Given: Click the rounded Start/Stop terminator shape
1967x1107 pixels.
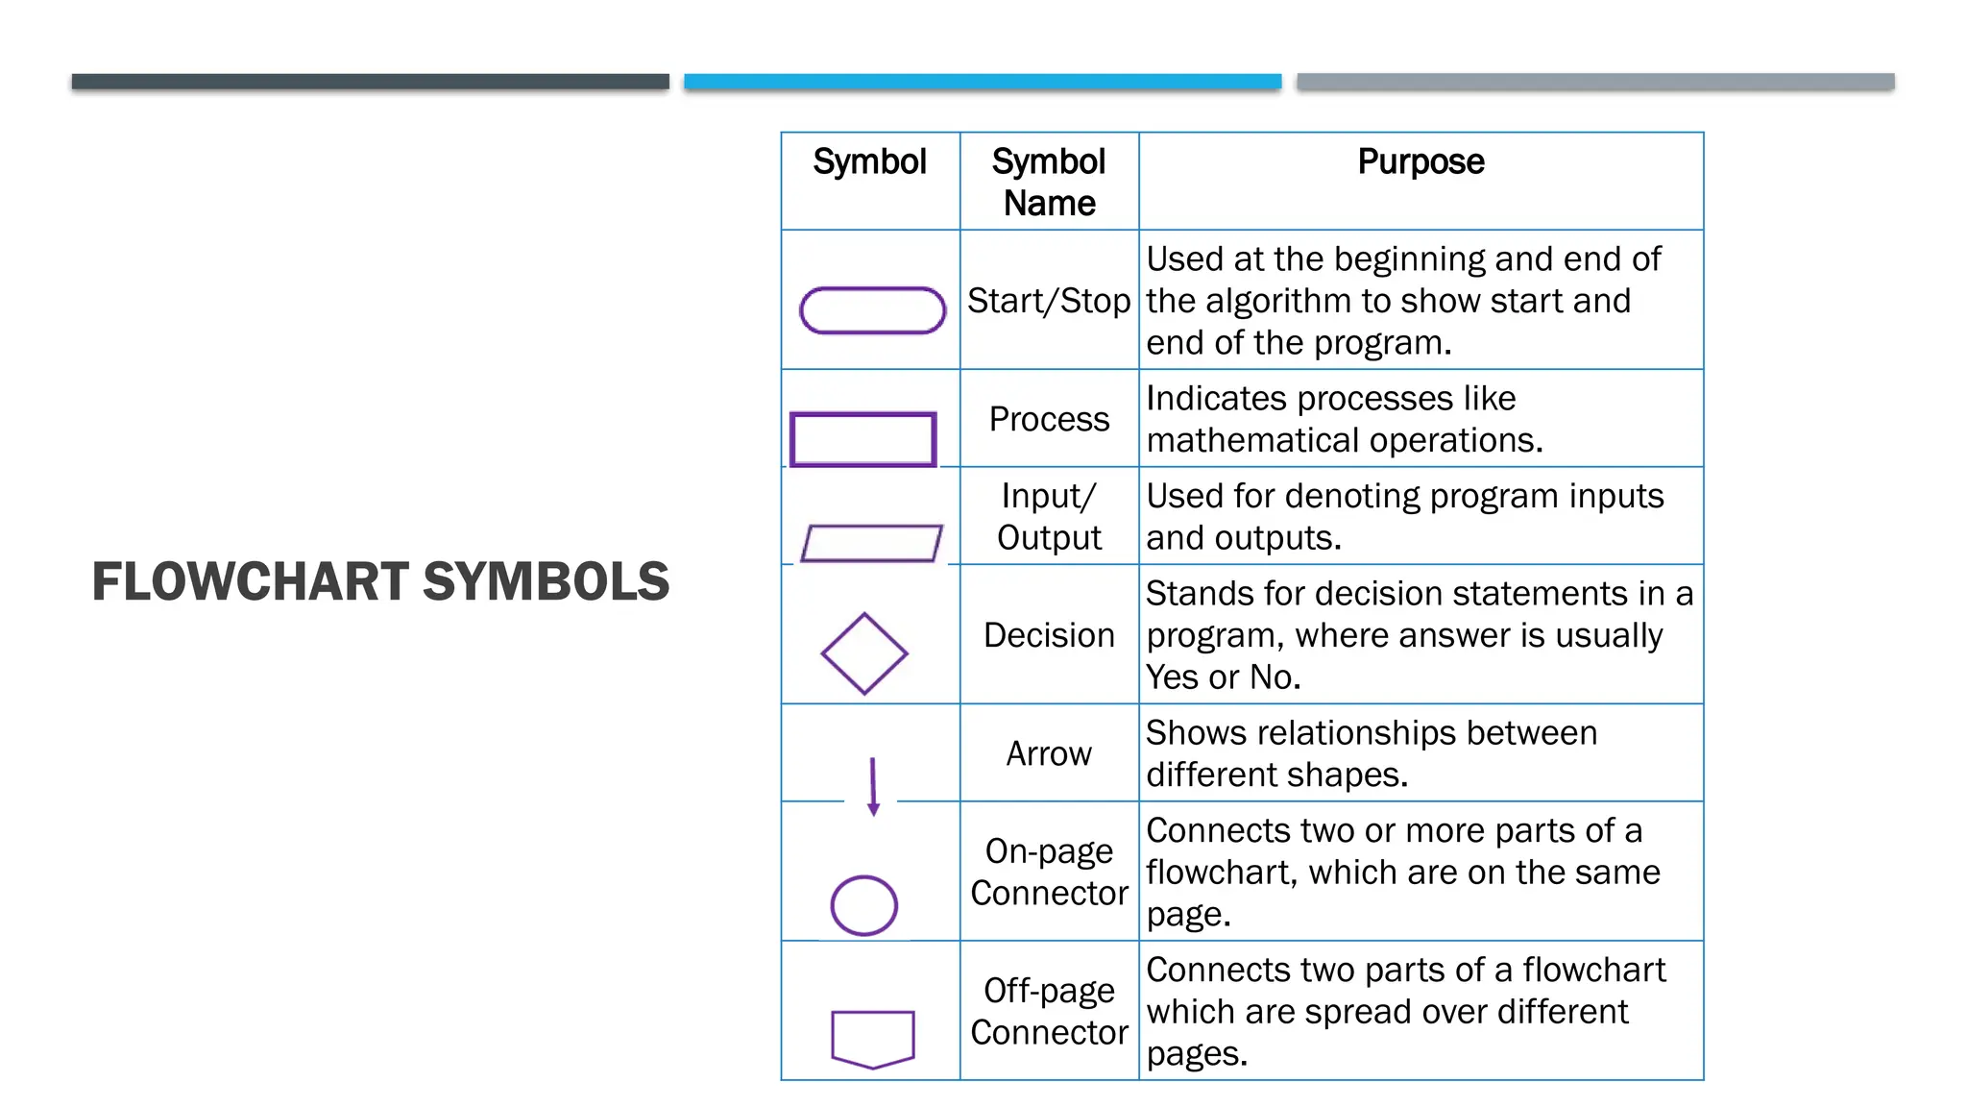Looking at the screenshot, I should point(872,310).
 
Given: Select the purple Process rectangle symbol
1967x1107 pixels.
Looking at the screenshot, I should point(862,440).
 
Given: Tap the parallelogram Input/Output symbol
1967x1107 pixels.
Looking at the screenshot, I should point(871,543).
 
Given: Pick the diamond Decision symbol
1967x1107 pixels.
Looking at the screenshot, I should point(863,653).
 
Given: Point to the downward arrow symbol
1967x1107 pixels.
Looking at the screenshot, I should point(873,786).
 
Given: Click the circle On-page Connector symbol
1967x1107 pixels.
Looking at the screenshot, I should point(863,905).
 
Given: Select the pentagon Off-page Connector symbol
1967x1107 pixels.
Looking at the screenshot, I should point(872,1038).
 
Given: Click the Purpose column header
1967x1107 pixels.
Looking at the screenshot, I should point(1421,161).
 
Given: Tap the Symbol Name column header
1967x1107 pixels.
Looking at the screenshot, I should point(1049,182).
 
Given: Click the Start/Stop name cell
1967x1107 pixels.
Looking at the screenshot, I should point(1049,301).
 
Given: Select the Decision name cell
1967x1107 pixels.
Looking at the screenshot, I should point(1049,635).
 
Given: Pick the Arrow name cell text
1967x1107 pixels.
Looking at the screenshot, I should point(1049,753).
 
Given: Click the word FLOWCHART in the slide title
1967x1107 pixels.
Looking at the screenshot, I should point(250,581).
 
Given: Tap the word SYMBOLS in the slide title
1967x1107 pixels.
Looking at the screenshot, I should point(546,581).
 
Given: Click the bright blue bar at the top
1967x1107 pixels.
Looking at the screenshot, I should point(982,82).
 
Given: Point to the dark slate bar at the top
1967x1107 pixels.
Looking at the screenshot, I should point(370,82).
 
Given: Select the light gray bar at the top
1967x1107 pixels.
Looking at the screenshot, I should point(1594,82).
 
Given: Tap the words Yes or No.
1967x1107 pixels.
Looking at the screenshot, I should point(1222,677).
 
